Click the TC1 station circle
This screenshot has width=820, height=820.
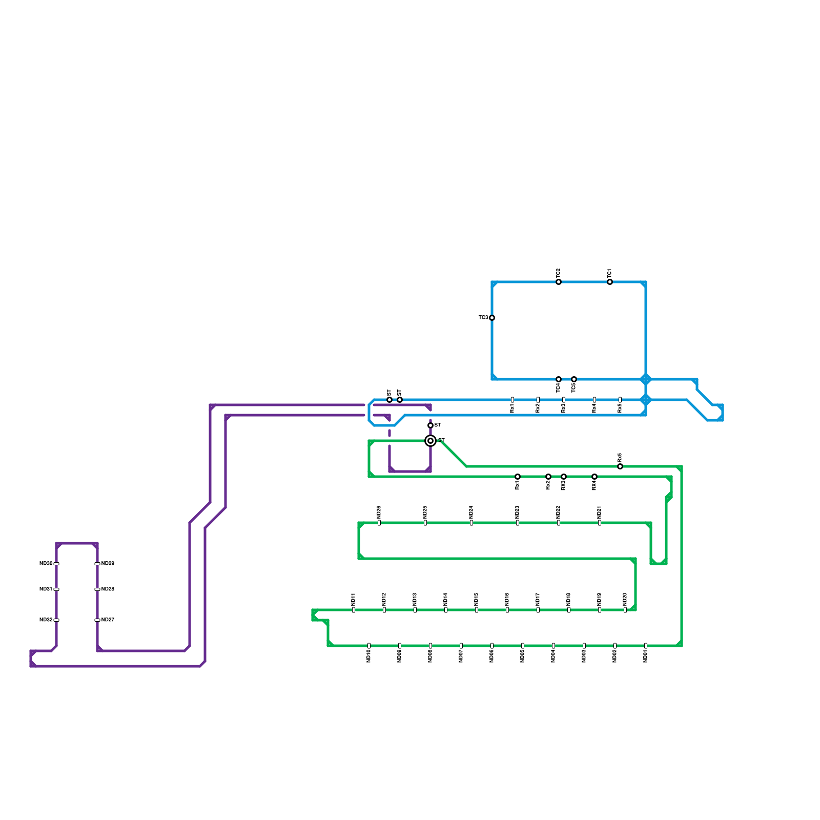pos(610,282)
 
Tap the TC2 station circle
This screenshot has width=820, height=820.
pos(559,282)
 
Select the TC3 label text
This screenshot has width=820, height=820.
pos(483,318)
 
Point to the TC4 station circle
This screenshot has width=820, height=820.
pos(559,379)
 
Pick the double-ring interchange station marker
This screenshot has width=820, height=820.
pos(430,441)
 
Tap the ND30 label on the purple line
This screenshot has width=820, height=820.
pos(46,564)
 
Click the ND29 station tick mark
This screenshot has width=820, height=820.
pos(97,564)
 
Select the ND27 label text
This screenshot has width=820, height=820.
pos(108,620)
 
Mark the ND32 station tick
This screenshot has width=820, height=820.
pos(56,620)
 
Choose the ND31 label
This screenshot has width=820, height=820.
pos(46,589)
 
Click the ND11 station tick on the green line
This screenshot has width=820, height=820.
pos(354,610)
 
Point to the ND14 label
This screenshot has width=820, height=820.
pos(446,599)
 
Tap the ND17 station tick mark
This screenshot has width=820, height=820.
pos(538,610)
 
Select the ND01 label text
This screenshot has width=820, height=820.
pos(646,657)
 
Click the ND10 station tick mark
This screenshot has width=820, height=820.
pos(369,646)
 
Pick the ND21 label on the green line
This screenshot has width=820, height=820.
pos(600,512)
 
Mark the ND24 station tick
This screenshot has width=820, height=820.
pos(471,523)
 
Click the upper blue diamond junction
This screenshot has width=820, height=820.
pos(646,379)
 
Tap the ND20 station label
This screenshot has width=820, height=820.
pos(625,599)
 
